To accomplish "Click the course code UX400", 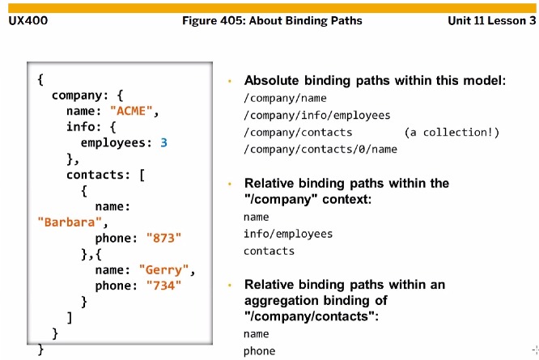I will pyautogui.click(x=28, y=20).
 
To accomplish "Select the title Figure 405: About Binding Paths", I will pyautogui.click(x=273, y=20).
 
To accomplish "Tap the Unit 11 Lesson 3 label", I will pyautogui.click(x=491, y=20).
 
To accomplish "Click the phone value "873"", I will pyautogui.click(x=164, y=238).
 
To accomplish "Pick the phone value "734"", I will pyautogui.click(x=164, y=285).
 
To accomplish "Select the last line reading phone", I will pyautogui.click(x=259, y=351).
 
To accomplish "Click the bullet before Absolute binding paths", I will pyautogui.click(x=230, y=81).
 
